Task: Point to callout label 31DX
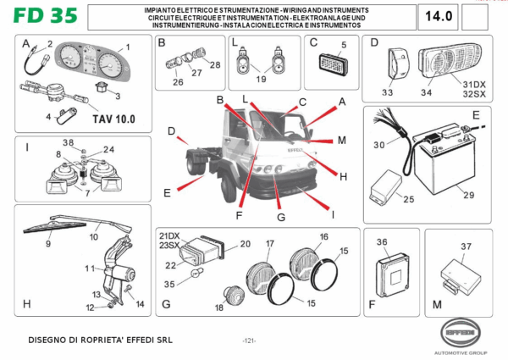(472, 84)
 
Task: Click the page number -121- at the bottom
(249, 341)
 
